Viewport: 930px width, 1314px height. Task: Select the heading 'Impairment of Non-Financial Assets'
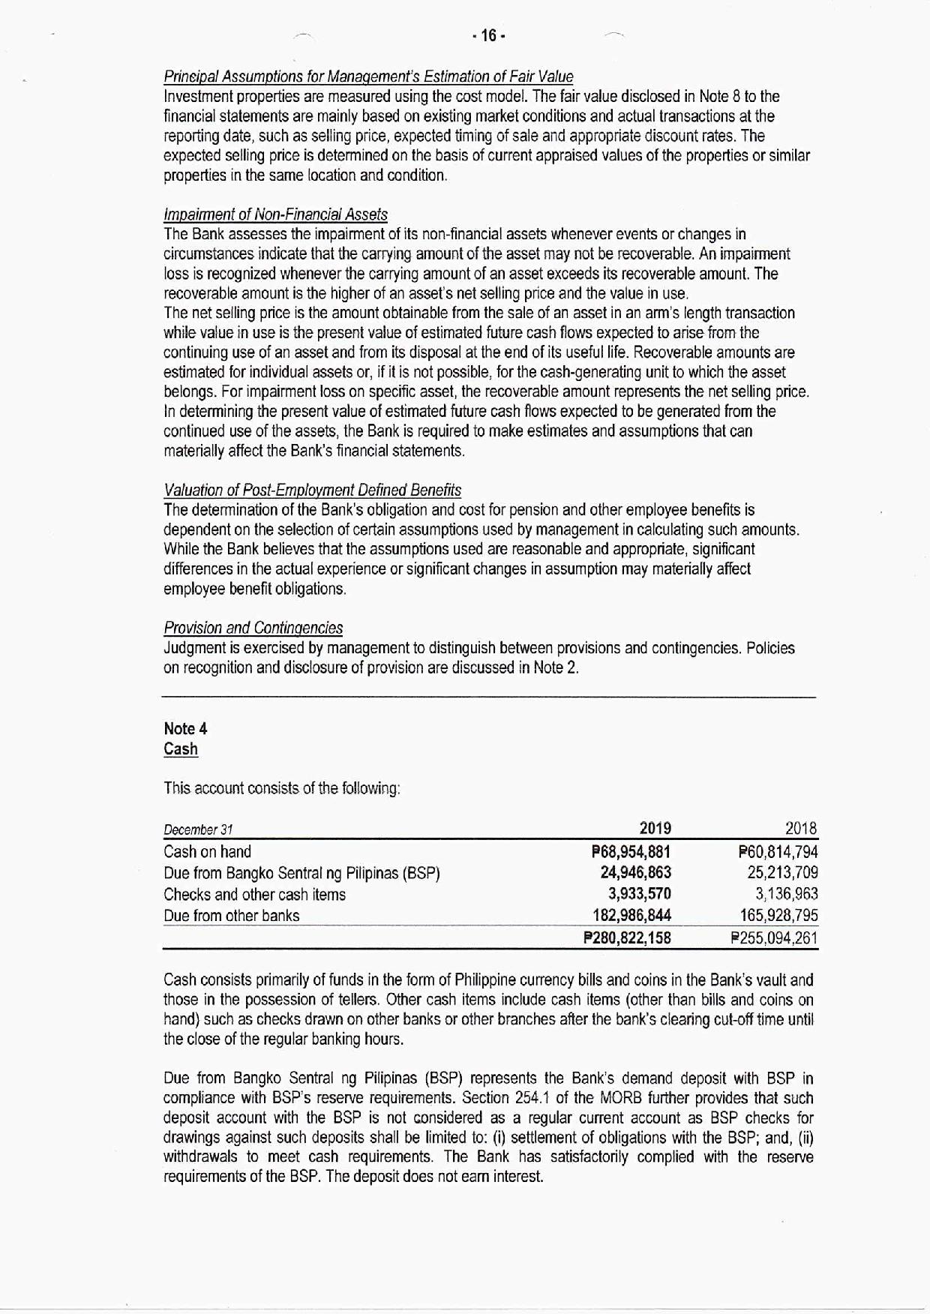tap(275, 214)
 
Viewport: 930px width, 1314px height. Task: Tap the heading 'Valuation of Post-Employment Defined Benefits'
tap(312, 490)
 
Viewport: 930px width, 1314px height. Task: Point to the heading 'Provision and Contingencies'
tap(253, 628)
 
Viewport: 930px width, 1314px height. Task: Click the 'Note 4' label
tap(185, 729)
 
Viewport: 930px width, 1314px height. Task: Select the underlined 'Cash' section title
tap(181, 749)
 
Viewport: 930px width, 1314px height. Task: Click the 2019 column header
tap(655, 829)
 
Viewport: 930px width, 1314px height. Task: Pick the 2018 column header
tap(800, 829)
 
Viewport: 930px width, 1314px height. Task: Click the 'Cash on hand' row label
tap(208, 852)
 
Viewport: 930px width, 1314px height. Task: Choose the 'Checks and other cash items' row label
tap(254, 895)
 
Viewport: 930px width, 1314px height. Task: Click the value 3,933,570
tap(639, 894)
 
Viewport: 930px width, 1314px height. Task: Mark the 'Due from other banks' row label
tap(231, 916)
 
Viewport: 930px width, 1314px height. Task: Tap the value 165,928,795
tap(778, 916)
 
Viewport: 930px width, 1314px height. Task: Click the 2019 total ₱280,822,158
tap(627, 938)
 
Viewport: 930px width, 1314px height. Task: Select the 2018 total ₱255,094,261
tap(774, 938)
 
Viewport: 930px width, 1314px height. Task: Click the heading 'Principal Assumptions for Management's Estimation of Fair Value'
tap(368, 76)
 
